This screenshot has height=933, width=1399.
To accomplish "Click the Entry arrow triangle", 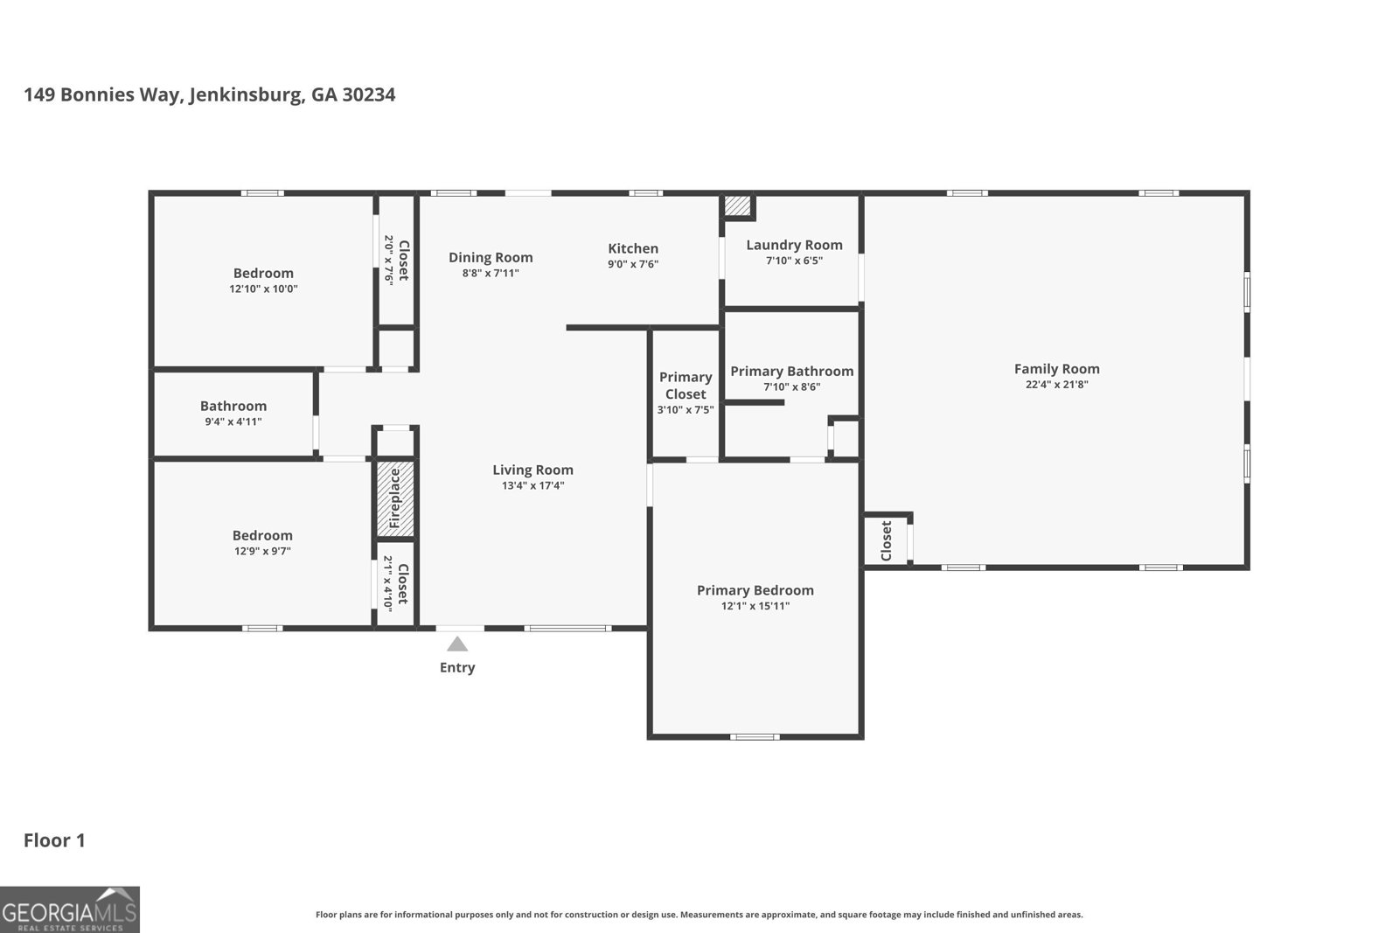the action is point(457,644).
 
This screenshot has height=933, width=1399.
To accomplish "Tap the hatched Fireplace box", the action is point(394,499).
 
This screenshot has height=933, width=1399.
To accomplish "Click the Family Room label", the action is point(1057,369).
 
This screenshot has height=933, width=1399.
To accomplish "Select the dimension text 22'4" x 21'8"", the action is point(1057,385).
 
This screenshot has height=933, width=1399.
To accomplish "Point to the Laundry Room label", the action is point(795,246).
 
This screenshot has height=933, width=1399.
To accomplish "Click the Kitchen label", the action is point(633,248).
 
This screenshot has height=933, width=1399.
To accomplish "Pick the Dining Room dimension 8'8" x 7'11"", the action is point(491,273).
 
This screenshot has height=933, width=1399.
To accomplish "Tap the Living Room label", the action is point(532,470).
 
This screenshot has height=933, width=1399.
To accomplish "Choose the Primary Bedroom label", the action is point(755,591).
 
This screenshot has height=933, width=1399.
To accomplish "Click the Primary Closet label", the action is point(686,386).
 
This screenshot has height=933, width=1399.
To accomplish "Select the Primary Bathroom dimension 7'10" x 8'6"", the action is point(792,387).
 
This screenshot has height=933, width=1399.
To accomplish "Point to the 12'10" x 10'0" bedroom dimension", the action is point(263,289).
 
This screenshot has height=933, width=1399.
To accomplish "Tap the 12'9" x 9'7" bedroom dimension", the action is point(262,552).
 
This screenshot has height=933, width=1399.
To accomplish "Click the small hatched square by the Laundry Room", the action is point(738,206).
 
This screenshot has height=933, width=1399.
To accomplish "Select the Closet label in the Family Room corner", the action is point(887,540).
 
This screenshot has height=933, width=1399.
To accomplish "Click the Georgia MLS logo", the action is point(69,909).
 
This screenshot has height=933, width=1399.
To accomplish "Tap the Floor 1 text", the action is point(54,840).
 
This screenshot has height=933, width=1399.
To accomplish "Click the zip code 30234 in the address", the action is point(368,95).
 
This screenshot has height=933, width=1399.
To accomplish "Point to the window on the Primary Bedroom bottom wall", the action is point(755,737).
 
